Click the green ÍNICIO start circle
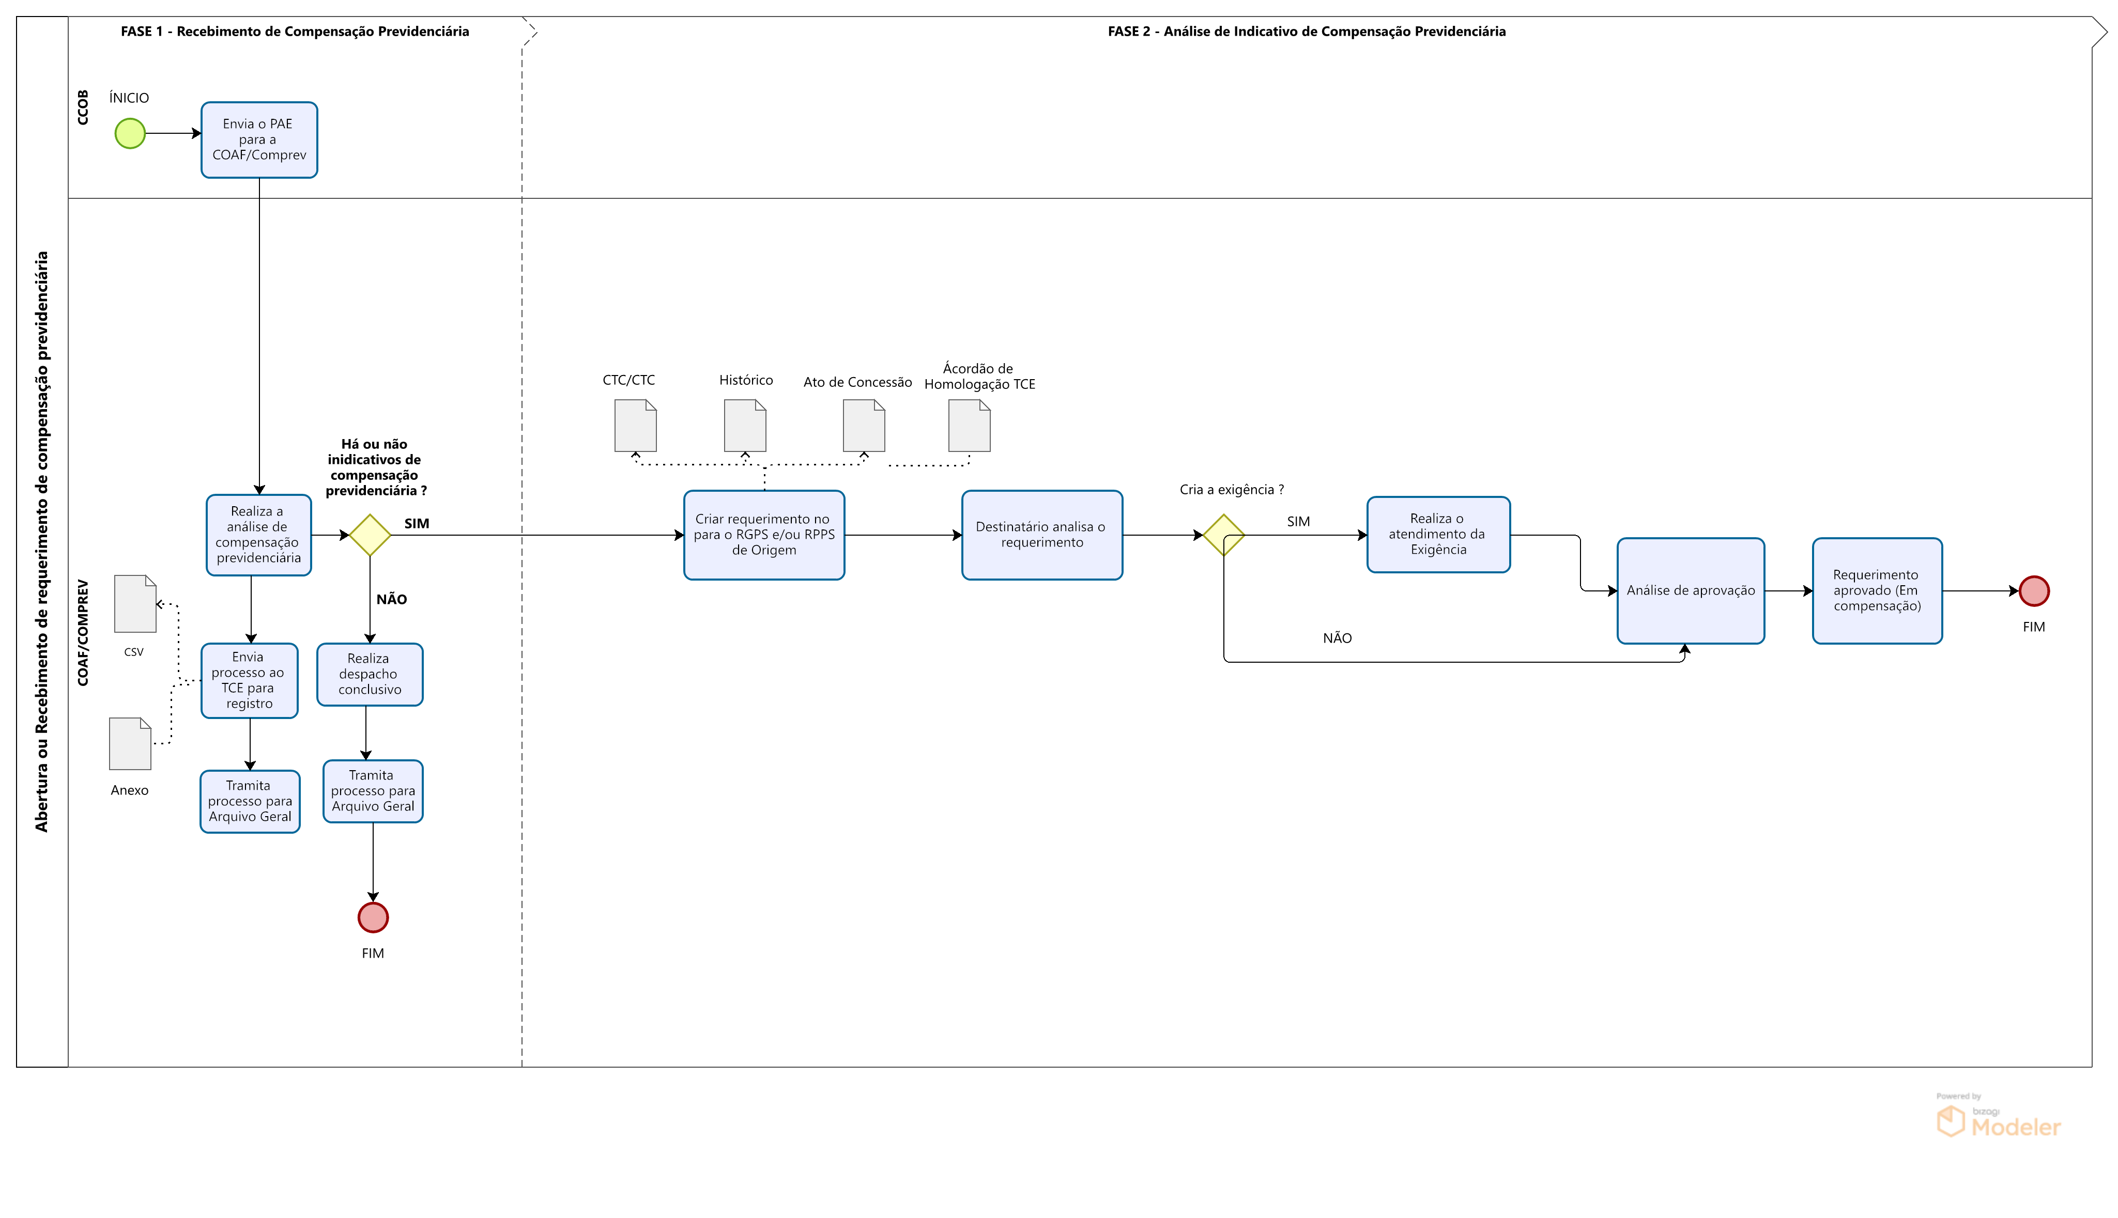(130, 133)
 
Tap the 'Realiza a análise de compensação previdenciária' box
(258, 535)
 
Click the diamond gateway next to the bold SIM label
(370, 535)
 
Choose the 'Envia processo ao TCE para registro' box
(249, 680)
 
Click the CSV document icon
(135, 604)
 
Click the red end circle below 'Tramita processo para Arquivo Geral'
(373, 918)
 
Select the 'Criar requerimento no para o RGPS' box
(763, 535)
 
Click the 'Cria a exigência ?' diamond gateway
(1223, 535)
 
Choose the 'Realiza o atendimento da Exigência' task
(1438, 535)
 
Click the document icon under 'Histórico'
(745, 425)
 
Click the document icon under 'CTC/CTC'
(635, 425)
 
